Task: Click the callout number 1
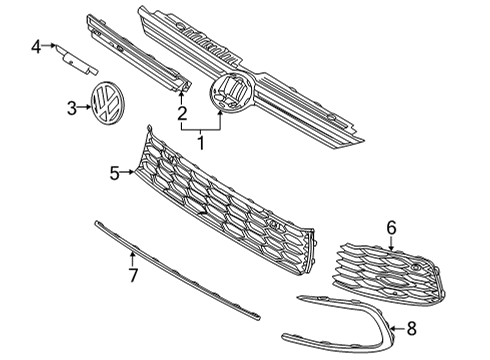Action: [201, 141]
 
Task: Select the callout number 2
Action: [182, 113]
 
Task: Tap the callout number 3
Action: [72, 108]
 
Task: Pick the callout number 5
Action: [114, 173]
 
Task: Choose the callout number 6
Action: [391, 228]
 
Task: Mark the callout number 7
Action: [133, 275]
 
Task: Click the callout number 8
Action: [412, 328]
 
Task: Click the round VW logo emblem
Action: [107, 104]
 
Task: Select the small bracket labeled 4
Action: [76, 61]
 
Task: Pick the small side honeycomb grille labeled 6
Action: [388, 273]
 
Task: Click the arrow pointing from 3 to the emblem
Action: [84, 107]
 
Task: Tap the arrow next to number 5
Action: [127, 172]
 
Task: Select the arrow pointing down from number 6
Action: [391, 243]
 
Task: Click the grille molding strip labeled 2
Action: [138, 53]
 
